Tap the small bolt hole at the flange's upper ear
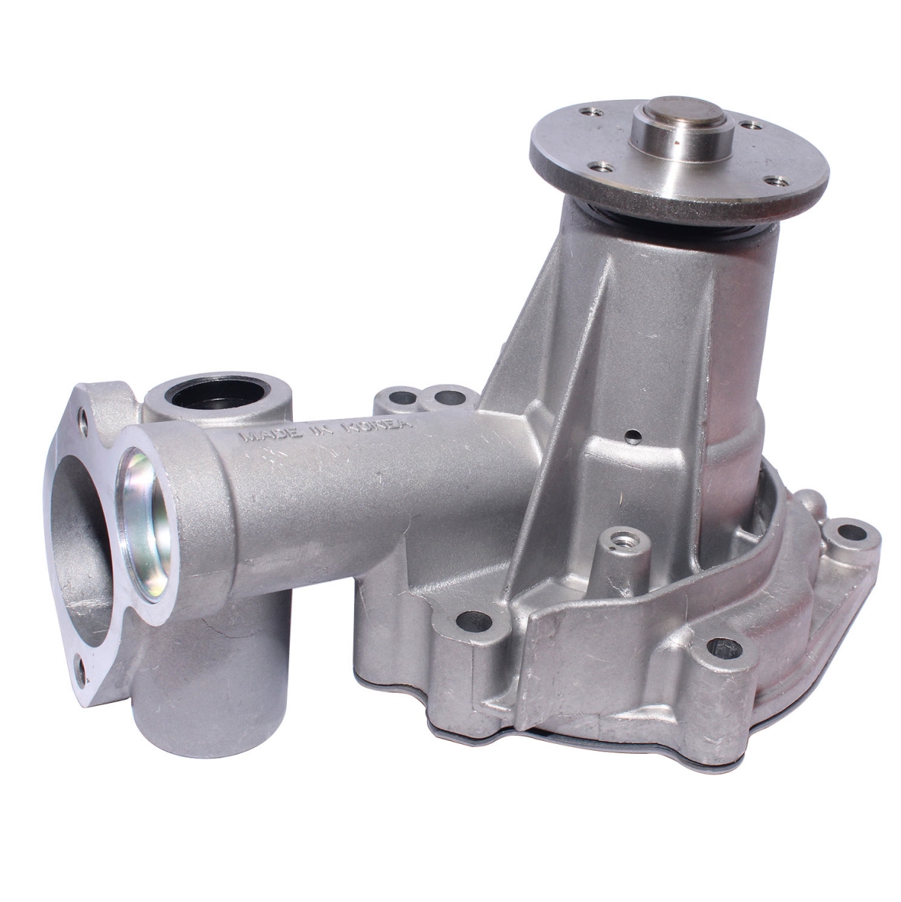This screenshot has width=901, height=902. [x=83, y=423]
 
